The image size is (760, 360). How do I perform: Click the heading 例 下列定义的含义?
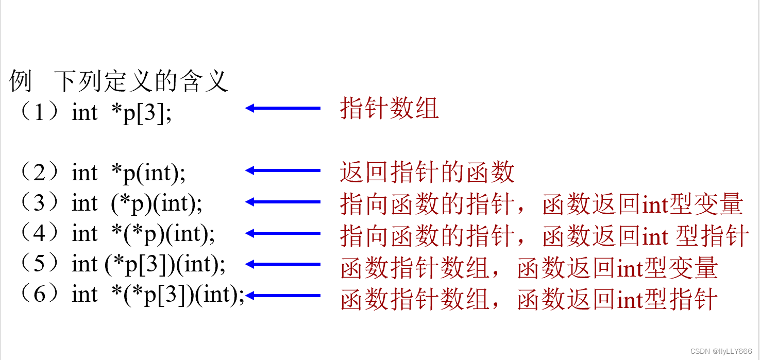pos(119,81)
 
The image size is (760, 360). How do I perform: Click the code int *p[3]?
pos(122,112)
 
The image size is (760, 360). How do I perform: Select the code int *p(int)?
pos(128,174)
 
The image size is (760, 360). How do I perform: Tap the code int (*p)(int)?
pos(137,204)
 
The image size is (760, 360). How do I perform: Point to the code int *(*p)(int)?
pos(143,234)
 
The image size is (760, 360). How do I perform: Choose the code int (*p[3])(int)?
pos(148,265)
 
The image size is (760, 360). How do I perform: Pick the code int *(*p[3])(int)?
pos(158,295)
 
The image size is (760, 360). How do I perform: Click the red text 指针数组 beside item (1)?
pos(389,109)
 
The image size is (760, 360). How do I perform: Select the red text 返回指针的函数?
pos(427,172)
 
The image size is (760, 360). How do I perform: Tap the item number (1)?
pos(39,112)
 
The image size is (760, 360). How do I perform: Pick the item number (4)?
pos(39,234)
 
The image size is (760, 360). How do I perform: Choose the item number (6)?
pos(39,295)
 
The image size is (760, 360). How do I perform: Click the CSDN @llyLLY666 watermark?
pos(720,351)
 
